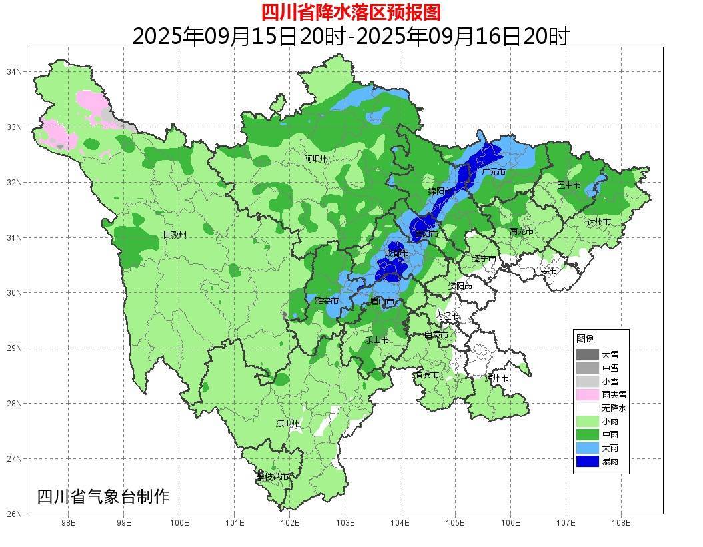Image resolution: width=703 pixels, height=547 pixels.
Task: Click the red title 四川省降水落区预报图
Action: click(351, 12)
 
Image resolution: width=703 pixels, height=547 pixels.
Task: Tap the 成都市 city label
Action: click(396, 253)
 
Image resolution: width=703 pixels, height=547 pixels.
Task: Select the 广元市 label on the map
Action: click(493, 172)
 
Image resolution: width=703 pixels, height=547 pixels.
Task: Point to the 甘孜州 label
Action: click(175, 235)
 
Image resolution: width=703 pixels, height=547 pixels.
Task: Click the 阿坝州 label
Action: click(316, 159)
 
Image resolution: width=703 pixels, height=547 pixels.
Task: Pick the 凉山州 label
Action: click(288, 424)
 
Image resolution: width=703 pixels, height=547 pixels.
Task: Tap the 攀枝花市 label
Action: click(273, 477)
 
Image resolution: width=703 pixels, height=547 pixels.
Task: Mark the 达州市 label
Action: click(598, 222)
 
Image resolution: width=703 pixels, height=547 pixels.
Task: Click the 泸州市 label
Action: click(497, 378)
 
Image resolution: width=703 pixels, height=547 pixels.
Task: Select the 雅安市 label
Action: click(327, 301)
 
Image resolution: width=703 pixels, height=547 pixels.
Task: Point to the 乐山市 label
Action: click(376, 340)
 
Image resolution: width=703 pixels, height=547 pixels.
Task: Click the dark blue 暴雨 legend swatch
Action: click(587, 461)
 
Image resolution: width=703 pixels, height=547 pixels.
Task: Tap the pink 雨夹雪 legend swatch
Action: click(587, 394)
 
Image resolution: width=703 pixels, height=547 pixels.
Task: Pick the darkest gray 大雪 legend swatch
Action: click(587, 354)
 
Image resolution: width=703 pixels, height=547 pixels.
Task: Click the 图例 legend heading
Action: click(586, 338)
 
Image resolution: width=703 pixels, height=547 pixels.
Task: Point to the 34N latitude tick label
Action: click(15, 71)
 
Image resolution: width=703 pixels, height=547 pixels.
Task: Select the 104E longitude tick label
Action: click(400, 523)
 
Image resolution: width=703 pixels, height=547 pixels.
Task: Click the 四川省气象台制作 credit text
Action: click(103, 496)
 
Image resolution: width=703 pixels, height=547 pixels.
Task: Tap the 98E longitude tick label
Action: click(68, 523)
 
